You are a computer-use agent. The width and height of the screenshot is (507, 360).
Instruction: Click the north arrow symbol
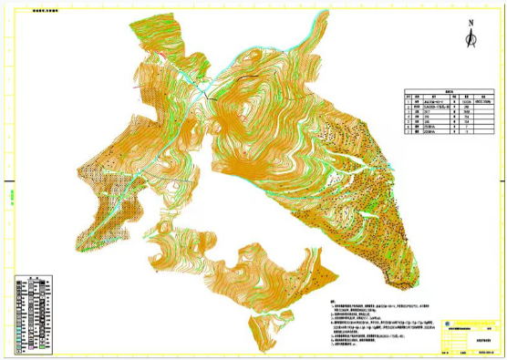tap(470, 38)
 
